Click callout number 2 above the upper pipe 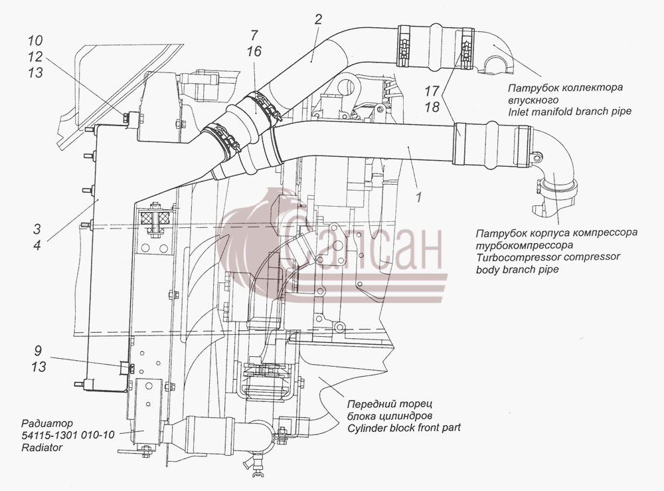318,19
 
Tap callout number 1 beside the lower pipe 419,197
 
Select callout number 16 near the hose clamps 254,51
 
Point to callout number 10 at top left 36,41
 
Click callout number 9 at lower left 38,351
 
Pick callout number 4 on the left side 37,245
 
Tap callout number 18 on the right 432,107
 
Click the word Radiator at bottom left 42,447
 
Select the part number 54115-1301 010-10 68,435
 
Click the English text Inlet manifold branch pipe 570,112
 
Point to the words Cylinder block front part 404,428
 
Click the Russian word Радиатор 47,423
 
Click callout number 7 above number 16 254,35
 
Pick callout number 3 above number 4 37,229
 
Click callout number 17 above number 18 432,90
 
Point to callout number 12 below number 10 36,56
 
